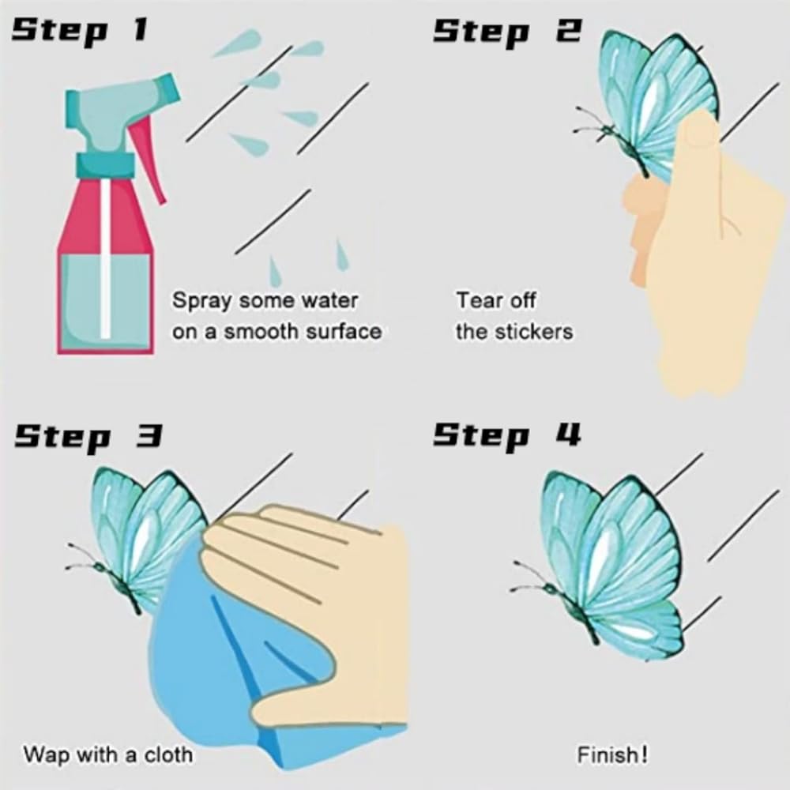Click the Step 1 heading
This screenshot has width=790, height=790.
(x=80, y=32)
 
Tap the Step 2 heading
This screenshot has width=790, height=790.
(x=507, y=32)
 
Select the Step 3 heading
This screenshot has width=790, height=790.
(x=88, y=436)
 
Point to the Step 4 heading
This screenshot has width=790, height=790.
(x=507, y=435)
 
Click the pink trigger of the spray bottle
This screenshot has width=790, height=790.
(x=149, y=157)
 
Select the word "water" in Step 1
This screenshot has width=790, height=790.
(x=329, y=300)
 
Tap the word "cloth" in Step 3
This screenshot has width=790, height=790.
(x=169, y=754)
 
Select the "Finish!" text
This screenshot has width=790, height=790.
(x=612, y=754)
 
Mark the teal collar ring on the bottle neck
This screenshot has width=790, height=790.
(x=105, y=162)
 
